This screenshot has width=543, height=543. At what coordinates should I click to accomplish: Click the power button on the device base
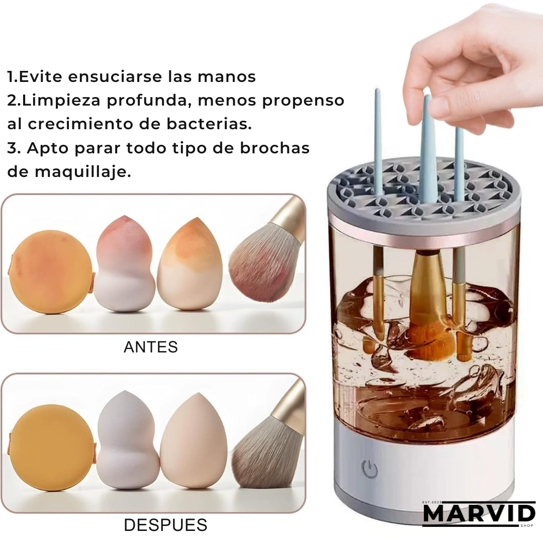[x=370, y=469]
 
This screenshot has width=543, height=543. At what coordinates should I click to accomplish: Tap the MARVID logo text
[x=479, y=514]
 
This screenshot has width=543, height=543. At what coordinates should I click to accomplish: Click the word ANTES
[x=151, y=347]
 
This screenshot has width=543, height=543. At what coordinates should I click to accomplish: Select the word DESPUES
[x=165, y=525]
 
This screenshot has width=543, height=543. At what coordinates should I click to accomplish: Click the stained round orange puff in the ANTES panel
[x=51, y=272]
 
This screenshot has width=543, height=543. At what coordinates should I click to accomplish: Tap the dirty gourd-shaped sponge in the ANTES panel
[x=125, y=263]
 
